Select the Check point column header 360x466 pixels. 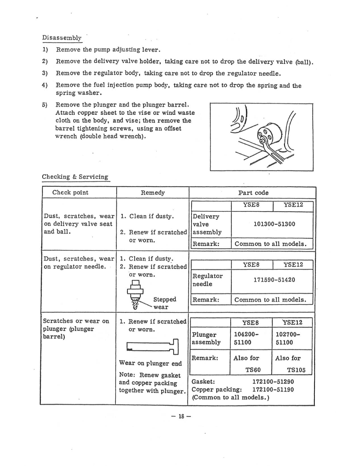pyautogui.click(x=70, y=192)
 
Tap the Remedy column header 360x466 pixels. pyautogui.click(x=153, y=193)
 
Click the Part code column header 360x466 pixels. pyautogui.click(x=253, y=193)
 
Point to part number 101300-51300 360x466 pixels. pyautogui.click(x=274, y=224)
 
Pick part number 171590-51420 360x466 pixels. pyautogui.click(x=274, y=280)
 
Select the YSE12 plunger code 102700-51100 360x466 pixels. pyautogui.click(x=288, y=338)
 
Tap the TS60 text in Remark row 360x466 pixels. pyautogui.click(x=253, y=370)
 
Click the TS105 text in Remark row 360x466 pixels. pyautogui.click(x=296, y=370)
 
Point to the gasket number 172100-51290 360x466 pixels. pyautogui.click(x=273, y=382)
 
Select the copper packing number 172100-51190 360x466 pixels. pyautogui.click(x=273, y=390)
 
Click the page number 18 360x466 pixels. pyautogui.click(x=181, y=416)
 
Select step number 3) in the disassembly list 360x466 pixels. pyautogui.click(x=45, y=73)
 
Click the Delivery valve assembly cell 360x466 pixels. pyautogui.click(x=207, y=224)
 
